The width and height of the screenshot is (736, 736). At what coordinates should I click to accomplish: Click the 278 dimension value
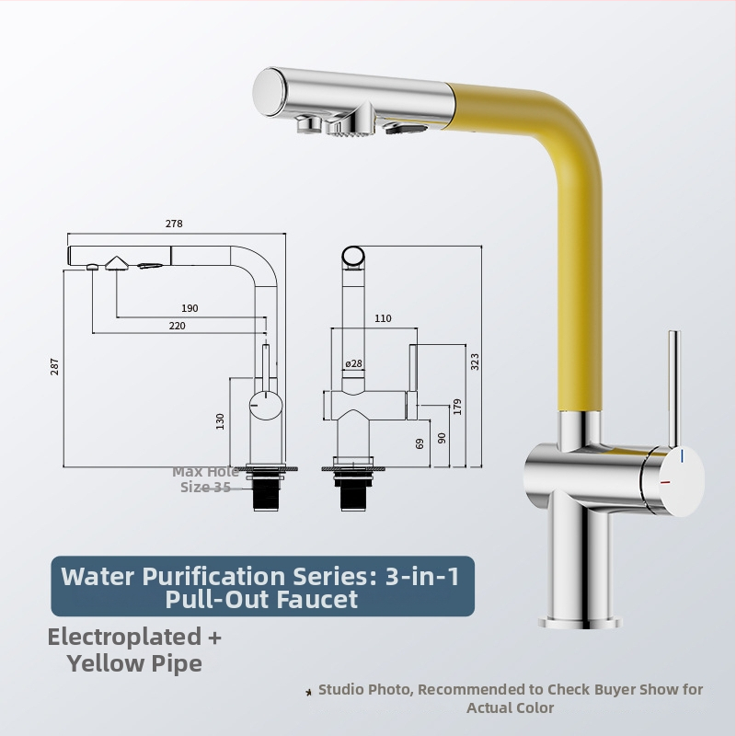pos(174,224)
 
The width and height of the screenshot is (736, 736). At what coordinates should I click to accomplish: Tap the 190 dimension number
pos(190,308)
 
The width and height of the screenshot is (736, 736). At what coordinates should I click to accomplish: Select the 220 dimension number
pos(177,326)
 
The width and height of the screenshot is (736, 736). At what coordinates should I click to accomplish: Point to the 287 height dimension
pos(55,366)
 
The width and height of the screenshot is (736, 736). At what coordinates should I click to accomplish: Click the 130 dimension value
pos(220,421)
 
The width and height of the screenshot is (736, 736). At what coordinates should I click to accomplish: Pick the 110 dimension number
pos(383,318)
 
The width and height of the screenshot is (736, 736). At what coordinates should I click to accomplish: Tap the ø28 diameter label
pos(353,363)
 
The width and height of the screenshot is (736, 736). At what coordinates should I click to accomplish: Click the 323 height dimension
pos(475,362)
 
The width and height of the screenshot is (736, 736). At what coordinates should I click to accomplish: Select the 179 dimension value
pos(457,407)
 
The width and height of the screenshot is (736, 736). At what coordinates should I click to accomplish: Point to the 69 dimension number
pos(420,443)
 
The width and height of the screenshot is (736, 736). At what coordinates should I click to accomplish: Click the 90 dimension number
pos(442,438)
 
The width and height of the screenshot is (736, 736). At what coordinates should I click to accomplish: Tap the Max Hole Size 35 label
pos(205,479)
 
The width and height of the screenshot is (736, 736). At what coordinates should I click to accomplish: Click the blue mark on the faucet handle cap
pos(682,455)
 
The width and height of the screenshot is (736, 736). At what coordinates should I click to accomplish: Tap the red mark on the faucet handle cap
pos(665,482)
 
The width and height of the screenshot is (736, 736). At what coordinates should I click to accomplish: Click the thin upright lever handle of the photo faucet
pos(674,389)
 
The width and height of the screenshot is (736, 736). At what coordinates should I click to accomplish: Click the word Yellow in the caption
pos(105,663)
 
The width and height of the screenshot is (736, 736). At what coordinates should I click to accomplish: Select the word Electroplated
pos(124,637)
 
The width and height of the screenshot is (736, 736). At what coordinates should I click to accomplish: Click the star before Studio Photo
pos(309,692)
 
